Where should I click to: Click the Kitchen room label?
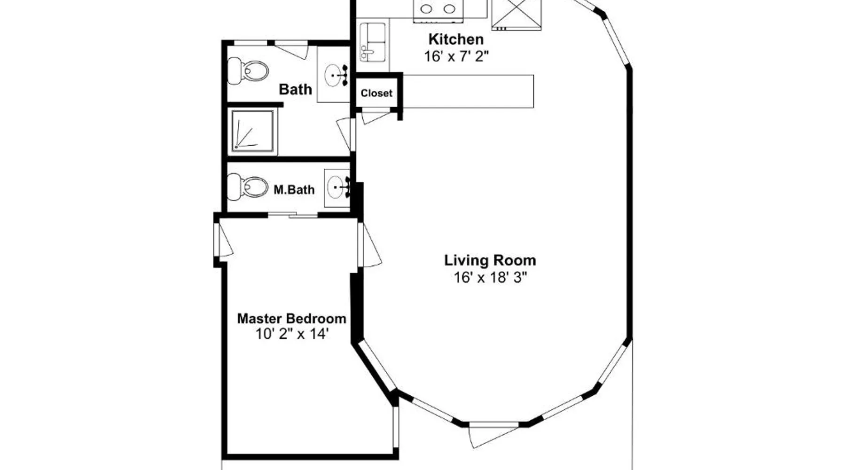click(x=455, y=39)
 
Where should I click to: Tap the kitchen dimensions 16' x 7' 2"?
click(x=456, y=56)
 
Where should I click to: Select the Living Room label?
click(x=490, y=260)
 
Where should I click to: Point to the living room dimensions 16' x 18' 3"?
click(x=490, y=277)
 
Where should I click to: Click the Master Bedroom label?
click(x=291, y=318)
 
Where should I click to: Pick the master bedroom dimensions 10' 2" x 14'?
click(x=292, y=334)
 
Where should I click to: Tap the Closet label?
click(x=376, y=93)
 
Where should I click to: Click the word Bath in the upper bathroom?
click(x=295, y=89)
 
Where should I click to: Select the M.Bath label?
click(x=294, y=190)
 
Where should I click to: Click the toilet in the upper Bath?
click(x=248, y=70)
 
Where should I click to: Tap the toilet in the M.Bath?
click(x=248, y=187)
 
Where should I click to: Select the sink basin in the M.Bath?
click(x=337, y=188)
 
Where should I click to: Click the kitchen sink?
click(x=373, y=43)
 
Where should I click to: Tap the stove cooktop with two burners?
click(x=438, y=9)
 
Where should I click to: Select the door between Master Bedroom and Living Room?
click(x=369, y=244)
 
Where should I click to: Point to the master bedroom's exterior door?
click(x=223, y=240)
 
